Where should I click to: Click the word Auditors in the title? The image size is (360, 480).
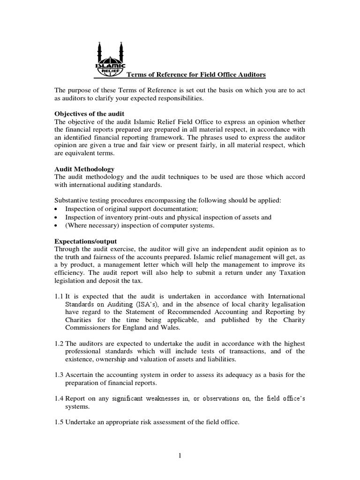(x=251, y=75)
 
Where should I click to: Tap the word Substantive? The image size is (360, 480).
(x=72, y=201)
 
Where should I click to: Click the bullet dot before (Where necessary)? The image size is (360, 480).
(x=57, y=225)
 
